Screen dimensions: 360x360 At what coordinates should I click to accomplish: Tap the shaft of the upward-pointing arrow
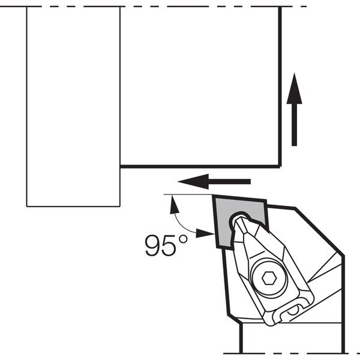tap(295, 125)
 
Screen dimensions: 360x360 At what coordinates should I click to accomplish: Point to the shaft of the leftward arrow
tap(229, 182)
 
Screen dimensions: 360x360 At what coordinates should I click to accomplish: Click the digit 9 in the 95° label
tap(153, 245)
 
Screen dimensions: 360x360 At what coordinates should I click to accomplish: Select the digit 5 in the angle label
tap(169, 245)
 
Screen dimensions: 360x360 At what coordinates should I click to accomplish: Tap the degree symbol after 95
tap(183, 239)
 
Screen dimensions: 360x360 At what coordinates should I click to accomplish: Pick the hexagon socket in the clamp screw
tap(269, 278)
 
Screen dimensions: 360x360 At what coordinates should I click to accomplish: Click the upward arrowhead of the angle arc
tap(174, 205)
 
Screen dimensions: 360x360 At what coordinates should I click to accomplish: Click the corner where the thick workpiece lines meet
tap(280, 166)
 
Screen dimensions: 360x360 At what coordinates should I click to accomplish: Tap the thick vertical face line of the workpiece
tap(280, 86)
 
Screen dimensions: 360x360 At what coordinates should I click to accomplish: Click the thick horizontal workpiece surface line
tap(200, 166)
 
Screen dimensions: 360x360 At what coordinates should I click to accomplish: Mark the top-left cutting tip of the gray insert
tap(214, 196)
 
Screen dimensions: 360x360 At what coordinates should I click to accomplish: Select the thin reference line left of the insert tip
tap(188, 194)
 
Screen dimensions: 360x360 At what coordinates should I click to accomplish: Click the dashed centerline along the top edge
tap(154, 7)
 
